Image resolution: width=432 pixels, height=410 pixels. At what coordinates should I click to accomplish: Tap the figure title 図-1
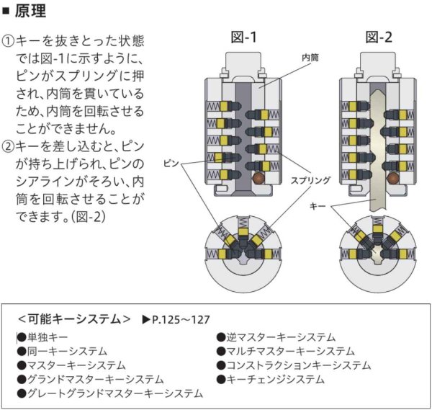point(243,37)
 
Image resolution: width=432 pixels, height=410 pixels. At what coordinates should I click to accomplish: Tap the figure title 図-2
point(379,37)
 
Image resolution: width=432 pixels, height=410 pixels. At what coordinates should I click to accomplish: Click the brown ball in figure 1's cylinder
point(257,177)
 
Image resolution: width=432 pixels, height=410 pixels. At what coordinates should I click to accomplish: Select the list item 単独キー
point(48,337)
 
